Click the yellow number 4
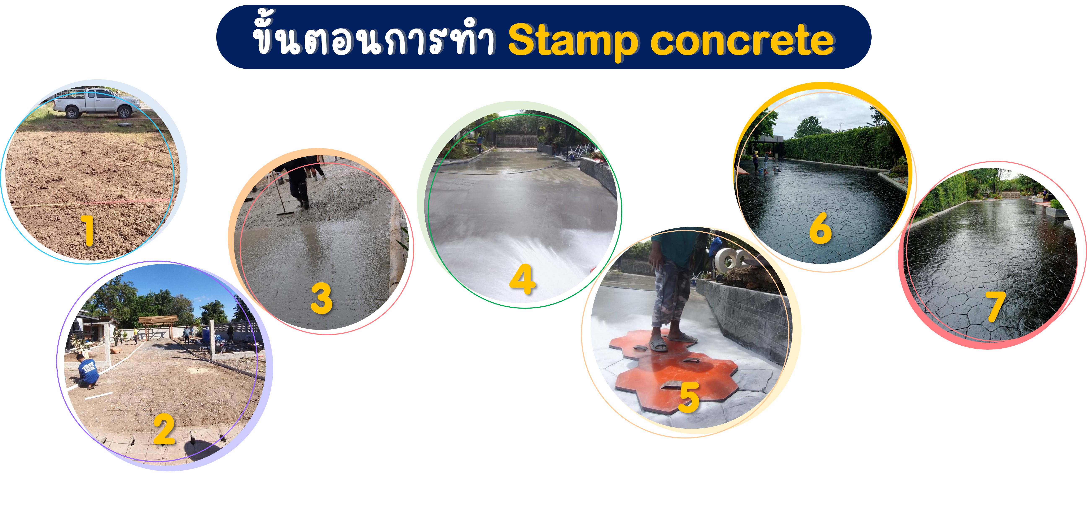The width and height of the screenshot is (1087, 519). pos(523,279)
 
